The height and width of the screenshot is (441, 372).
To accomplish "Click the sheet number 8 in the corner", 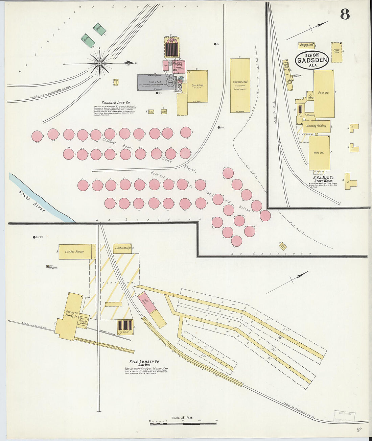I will [345, 14].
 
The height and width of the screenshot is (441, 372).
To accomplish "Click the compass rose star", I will [100, 64].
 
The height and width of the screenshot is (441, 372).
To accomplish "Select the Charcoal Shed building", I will [240, 85].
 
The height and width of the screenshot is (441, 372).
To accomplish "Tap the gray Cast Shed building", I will [155, 82].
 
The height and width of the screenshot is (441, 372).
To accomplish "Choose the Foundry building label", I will [324, 93].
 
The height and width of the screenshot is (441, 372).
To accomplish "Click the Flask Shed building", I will [336, 52].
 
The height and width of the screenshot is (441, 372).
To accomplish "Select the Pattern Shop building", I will [306, 45].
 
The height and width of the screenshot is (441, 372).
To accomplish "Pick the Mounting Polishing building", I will [317, 126].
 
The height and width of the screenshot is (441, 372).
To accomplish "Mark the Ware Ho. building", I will [319, 153].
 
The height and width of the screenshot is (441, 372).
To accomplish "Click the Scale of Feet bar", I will [183, 423].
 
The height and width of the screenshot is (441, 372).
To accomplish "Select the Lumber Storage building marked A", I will [75, 252].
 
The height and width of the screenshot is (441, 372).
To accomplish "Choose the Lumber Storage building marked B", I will [122, 248].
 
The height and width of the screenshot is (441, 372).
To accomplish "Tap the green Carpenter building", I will [99, 29].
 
